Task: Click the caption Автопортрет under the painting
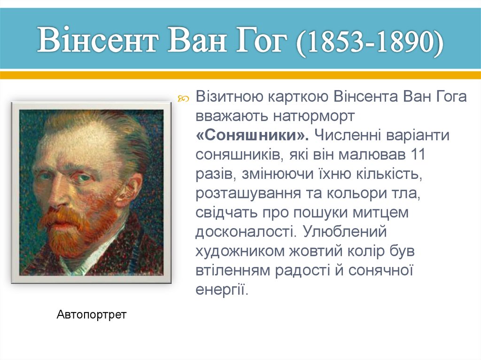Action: (92, 314)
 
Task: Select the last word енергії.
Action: (221, 290)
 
